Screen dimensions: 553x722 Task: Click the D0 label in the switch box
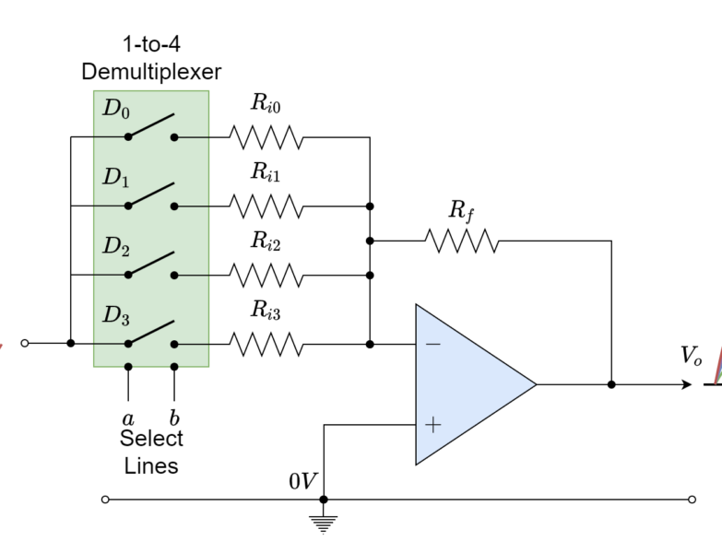(x=115, y=109)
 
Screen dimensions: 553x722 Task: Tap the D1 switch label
(x=115, y=178)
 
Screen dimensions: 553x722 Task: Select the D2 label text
(x=115, y=247)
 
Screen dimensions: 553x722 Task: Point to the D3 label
(x=115, y=316)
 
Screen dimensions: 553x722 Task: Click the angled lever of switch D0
(x=151, y=125)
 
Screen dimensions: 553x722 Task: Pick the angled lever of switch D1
(x=151, y=194)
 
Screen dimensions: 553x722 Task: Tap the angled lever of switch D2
(x=151, y=264)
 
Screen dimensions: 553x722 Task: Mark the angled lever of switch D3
(x=151, y=333)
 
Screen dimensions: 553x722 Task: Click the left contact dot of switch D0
(x=128, y=137)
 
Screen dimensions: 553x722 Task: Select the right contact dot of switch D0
(x=174, y=137)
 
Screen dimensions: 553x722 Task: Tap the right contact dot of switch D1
(x=174, y=206)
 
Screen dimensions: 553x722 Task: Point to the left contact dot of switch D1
(x=128, y=206)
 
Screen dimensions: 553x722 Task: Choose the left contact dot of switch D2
(x=128, y=276)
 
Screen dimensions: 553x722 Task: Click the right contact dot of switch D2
(x=174, y=276)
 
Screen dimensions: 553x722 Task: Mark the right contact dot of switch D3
(x=174, y=345)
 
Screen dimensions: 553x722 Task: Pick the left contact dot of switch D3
(x=128, y=345)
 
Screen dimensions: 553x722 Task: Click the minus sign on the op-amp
(x=432, y=345)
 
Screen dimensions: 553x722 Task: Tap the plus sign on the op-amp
(x=432, y=425)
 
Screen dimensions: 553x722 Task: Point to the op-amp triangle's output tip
(x=533, y=384)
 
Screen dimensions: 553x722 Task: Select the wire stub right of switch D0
(x=193, y=137)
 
